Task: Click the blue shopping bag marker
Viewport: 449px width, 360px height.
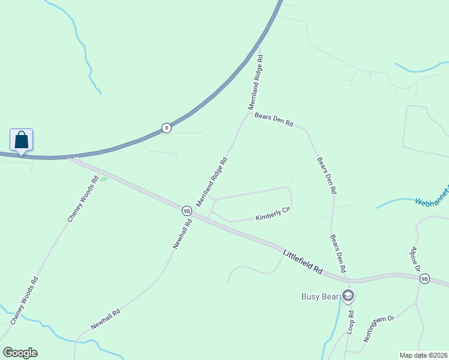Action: [x=22, y=140]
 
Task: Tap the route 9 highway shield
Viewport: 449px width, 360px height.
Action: [x=166, y=128]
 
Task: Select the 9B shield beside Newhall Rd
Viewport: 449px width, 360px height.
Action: [x=187, y=211]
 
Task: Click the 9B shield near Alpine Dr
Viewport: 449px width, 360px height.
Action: [x=425, y=278]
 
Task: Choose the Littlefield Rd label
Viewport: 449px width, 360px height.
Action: [x=303, y=263]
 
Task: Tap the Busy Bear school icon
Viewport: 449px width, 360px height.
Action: [x=348, y=296]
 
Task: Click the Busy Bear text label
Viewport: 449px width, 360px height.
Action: [x=319, y=296]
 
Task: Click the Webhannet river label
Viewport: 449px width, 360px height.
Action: [x=431, y=197]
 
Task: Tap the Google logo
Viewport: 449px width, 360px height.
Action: [x=20, y=353]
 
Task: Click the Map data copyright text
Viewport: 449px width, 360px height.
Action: [x=424, y=355]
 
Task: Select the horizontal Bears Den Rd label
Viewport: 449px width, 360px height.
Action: [x=274, y=119]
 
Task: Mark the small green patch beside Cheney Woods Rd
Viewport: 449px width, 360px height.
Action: [x=103, y=179]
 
